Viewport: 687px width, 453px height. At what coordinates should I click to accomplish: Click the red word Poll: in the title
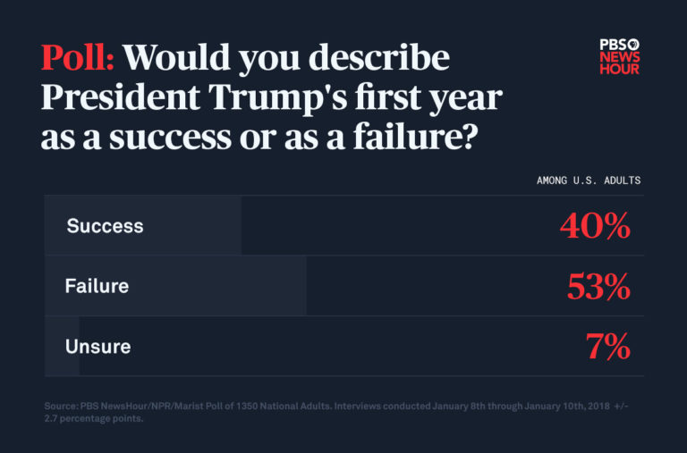78,58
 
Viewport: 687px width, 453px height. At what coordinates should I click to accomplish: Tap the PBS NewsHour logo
619,56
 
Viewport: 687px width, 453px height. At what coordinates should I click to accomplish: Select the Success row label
105,226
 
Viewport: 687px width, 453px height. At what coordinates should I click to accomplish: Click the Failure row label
97,286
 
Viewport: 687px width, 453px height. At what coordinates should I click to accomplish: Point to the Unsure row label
98,347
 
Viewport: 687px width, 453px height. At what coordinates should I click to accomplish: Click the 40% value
595,227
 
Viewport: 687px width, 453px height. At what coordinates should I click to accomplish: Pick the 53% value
598,287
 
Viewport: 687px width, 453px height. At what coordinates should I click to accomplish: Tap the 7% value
608,347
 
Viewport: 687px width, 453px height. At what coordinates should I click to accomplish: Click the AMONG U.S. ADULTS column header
588,180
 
